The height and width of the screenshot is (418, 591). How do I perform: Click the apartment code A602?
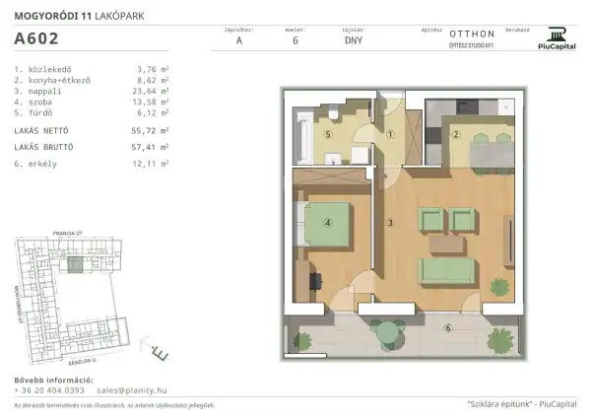35,39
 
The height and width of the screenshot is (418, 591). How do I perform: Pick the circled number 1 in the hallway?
390,134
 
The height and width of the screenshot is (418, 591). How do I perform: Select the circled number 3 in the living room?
390,224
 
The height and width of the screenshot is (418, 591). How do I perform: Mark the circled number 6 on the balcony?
447,328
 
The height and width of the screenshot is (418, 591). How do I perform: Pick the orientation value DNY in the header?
353,40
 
